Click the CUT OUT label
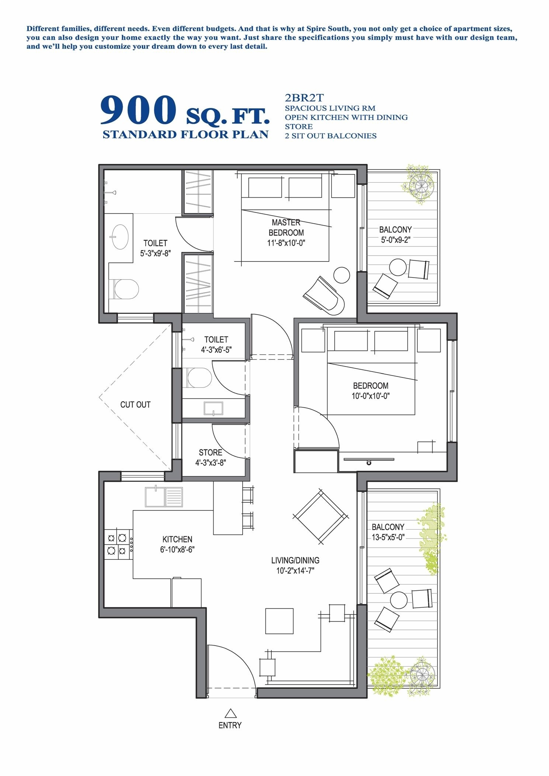click(135, 404)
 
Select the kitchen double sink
click(164, 497)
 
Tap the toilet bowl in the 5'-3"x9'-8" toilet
click(126, 289)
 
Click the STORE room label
click(210, 453)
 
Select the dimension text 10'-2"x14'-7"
click(295, 571)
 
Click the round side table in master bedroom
click(341, 275)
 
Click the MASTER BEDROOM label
click(286, 228)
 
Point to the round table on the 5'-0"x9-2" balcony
click(398, 267)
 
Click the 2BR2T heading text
click(304, 98)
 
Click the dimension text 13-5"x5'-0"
click(388, 537)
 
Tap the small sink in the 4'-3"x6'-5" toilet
click(213, 408)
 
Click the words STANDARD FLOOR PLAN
click(185, 134)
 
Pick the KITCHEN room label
click(177, 539)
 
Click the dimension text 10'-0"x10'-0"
click(371, 396)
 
